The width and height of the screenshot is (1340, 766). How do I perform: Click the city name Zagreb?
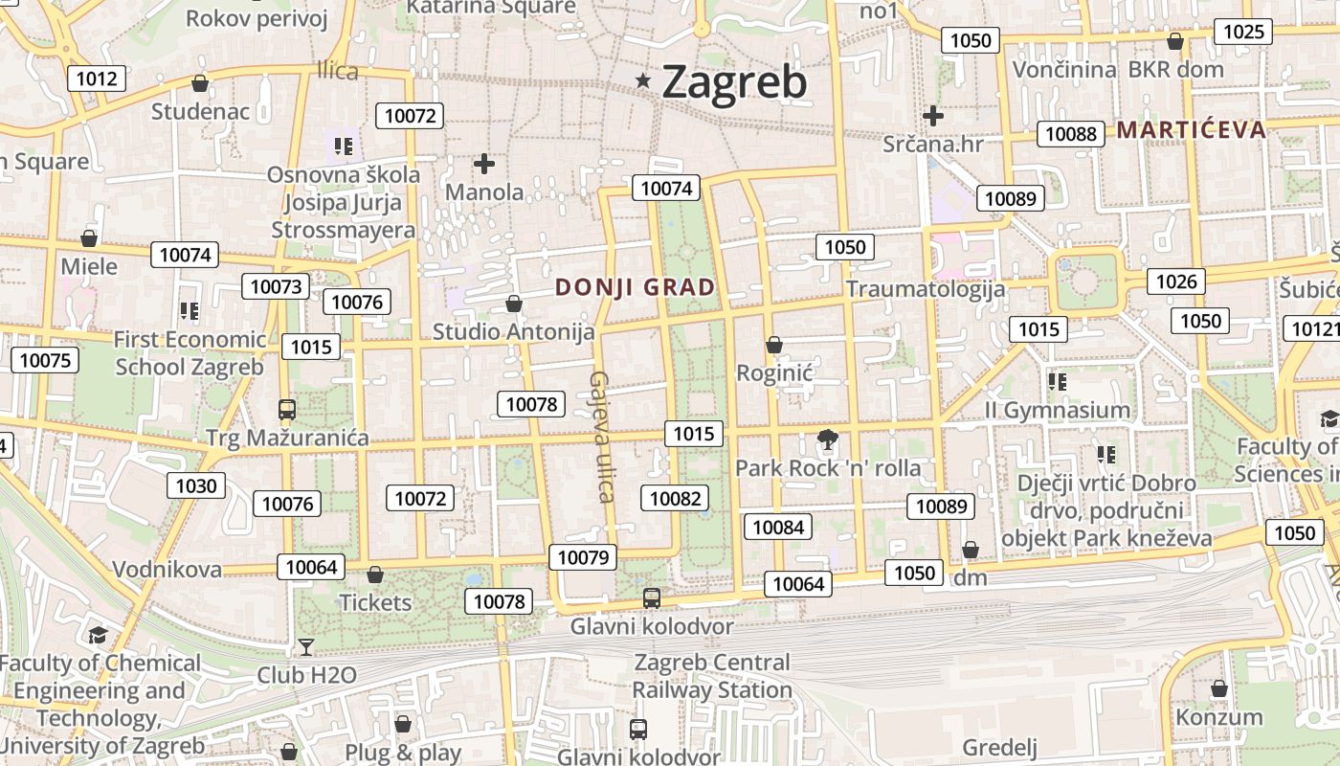pyautogui.click(x=734, y=82)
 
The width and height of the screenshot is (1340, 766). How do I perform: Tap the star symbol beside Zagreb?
pyautogui.click(x=643, y=82)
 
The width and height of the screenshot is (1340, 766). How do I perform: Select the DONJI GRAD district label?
pyautogui.click(x=636, y=287)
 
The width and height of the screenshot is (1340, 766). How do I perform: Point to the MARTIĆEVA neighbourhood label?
pyautogui.click(x=1191, y=130)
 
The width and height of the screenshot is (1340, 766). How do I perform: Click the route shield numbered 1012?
pyautogui.click(x=97, y=79)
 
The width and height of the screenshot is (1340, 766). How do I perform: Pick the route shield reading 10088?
pyautogui.click(x=1071, y=134)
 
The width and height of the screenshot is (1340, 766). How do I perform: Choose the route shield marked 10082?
pyautogui.click(x=675, y=498)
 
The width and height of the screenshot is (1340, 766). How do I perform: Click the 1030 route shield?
pyautogui.click(x=196, y=485)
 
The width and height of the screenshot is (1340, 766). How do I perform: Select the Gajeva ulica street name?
pyautogui.click(x=601, y=437)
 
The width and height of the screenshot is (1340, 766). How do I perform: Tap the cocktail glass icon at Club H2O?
pyautogui.click(x=306, y=647)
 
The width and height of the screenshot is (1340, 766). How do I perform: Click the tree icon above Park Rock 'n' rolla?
pyautogui.click(x=827, y=440)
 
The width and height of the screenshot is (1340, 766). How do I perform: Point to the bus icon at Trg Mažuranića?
pyautogui.click(x=286, y=410)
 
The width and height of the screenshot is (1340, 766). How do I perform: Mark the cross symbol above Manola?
pyautogui.click(x=484, y=164)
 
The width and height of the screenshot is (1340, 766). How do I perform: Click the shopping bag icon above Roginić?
pyautogui.click(x=773, y=345)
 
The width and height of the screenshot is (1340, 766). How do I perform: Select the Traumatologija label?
pyautogui.click(x=926, y=289)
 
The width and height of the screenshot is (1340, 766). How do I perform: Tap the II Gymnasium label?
pyautogui.click(x=1058, y=411)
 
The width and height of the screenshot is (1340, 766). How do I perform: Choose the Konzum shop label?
pyautogui.click(x=1219, y=717)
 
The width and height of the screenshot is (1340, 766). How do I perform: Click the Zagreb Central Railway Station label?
pyautogui.click(x=712, y=676)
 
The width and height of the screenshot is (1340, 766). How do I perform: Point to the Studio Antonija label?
pyautogui.click(x=514, y=332)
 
